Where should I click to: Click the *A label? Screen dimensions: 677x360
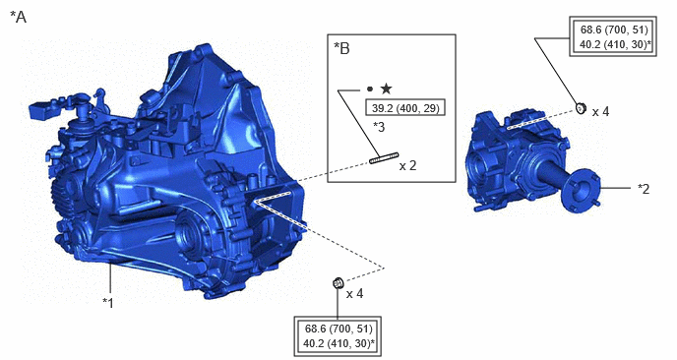[x=18, y=18]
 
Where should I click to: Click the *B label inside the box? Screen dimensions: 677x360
[x=342, y=49]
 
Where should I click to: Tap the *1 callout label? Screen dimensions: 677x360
[x=108, y=303]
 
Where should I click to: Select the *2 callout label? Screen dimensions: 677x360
[x=644, y=189]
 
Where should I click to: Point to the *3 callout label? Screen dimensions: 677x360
[x=379, y=127]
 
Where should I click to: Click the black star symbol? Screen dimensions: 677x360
[x=386, y=89]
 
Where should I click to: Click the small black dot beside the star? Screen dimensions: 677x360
[x=370, y=90]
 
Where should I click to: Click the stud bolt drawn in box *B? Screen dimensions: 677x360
[x=384, y=158]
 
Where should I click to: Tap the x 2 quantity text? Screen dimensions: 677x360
[x=408, y=166]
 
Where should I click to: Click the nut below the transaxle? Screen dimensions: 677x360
[x=338, y=283]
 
